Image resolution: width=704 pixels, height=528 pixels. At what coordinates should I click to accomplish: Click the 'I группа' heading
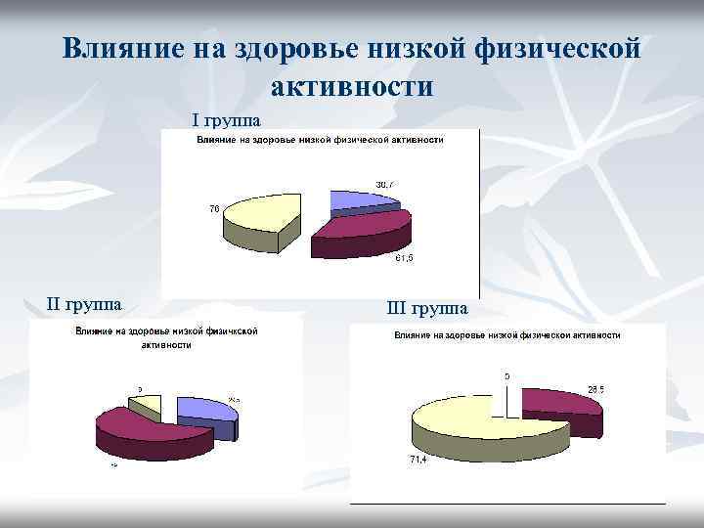226,120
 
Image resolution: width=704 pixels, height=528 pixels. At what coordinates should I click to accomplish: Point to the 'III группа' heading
427,309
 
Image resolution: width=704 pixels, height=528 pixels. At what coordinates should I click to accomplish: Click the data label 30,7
385,185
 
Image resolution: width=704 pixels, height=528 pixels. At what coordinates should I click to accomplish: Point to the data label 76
214,207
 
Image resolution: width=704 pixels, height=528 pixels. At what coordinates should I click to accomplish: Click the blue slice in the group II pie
205,411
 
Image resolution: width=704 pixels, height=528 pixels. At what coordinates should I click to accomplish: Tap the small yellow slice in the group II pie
145,406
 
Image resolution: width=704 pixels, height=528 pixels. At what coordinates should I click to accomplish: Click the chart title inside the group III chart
506,335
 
